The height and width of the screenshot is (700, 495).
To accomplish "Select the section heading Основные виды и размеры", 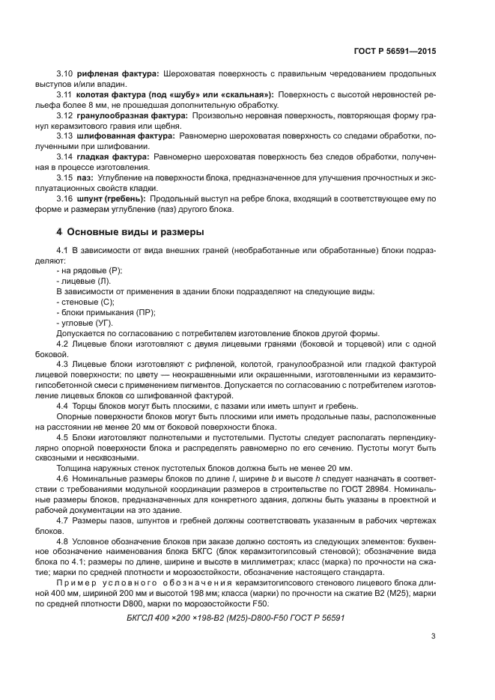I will pyautogui.click(x=130, y=231).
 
